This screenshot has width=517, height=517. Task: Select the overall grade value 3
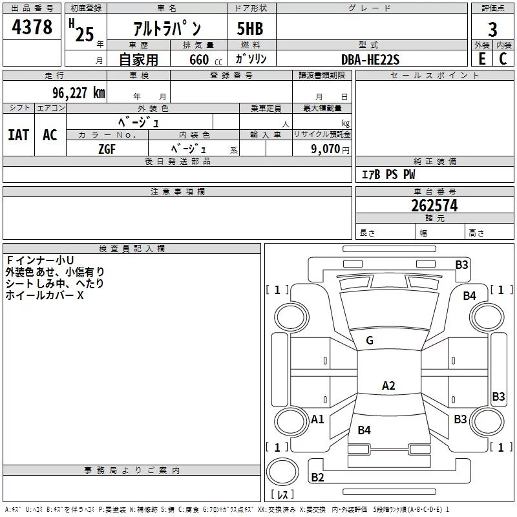coord(492,29)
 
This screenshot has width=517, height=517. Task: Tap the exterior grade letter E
coord(481,59)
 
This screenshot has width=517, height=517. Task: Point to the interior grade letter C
coord(503,59)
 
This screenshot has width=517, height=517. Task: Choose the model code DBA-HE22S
coord(370,59)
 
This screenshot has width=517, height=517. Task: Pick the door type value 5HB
coord(250,30)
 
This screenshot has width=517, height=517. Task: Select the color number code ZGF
coord(107,148)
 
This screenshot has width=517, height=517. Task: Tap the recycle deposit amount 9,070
coord(327,148)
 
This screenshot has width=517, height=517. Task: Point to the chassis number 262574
coord(434,206)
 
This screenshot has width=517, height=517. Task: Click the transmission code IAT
coord(19,135)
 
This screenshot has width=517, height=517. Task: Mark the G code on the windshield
coord(370,341)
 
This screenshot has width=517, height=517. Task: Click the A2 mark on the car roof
coord(388,386)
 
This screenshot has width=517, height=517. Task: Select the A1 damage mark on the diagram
coord(317,419)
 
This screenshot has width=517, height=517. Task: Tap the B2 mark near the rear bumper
coord(317,478)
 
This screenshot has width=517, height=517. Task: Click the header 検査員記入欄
coord(132,249)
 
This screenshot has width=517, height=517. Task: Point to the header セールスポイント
coord(435,76)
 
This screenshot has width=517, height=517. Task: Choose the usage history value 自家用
coord(138,59)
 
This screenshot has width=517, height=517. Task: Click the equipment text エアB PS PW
coord(388,174)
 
